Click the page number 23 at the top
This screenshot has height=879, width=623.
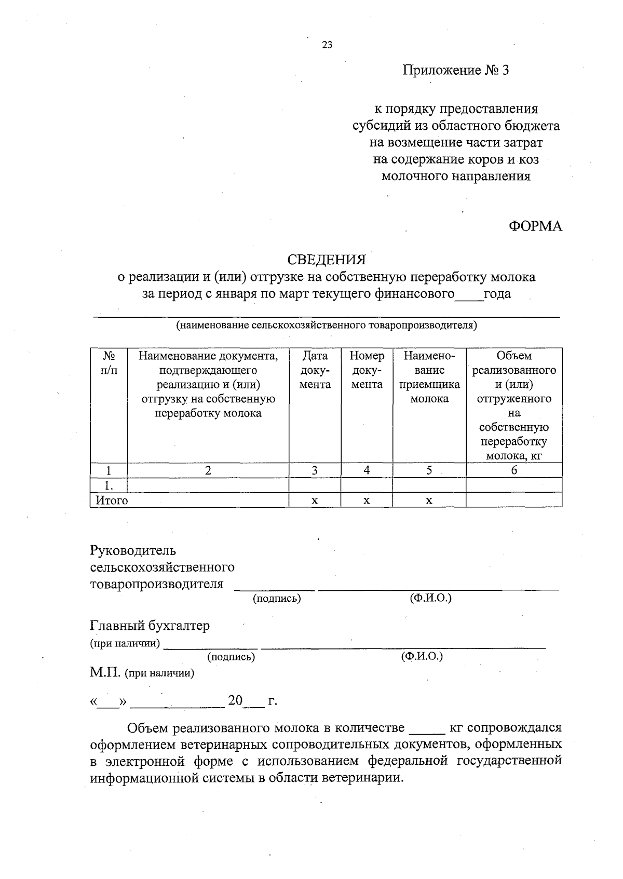click(x=327, y=45)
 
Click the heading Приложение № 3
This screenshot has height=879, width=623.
click(x=456, y=70)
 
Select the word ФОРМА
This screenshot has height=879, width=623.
click(x=535, y=226)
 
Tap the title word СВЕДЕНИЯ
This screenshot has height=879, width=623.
click(x=327, y=259)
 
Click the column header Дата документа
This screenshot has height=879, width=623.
click(x=315, y=370)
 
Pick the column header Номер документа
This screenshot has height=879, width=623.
click(x=367, y=370)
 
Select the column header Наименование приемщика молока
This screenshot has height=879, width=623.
click(x=429, y=377)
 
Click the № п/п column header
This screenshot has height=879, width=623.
click(x=109, y=363)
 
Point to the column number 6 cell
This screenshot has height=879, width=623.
click(x=513, y=470)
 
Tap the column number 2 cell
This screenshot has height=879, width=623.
click(x=208, y=470)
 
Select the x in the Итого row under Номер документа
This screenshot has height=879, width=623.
click(x=367, y=501)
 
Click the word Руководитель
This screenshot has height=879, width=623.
click(x=133, y=550)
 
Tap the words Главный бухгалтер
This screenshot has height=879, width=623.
click(x=150, y=626)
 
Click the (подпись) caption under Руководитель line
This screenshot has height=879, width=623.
click(x=277, y=598)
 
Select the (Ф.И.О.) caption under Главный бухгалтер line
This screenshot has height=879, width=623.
click(x=422, y=656)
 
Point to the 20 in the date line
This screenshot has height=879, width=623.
click(x=235, y=701)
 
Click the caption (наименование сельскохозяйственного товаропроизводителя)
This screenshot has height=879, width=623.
click(x=326, y=326)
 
